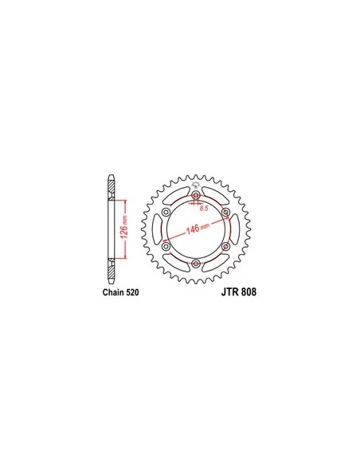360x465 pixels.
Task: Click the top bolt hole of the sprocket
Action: (196, 195)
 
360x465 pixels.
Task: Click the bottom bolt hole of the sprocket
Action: (196, 264)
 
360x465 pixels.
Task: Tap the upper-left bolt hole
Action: (166, 212)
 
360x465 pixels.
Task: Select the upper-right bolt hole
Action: (225, 212)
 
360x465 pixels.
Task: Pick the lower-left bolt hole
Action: (166, 246)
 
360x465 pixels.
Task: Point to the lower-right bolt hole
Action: (225, 246)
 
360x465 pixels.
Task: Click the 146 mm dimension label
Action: (198, 229)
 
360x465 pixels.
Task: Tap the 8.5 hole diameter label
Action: (204, 209)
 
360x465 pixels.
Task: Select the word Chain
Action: (114, 292)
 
